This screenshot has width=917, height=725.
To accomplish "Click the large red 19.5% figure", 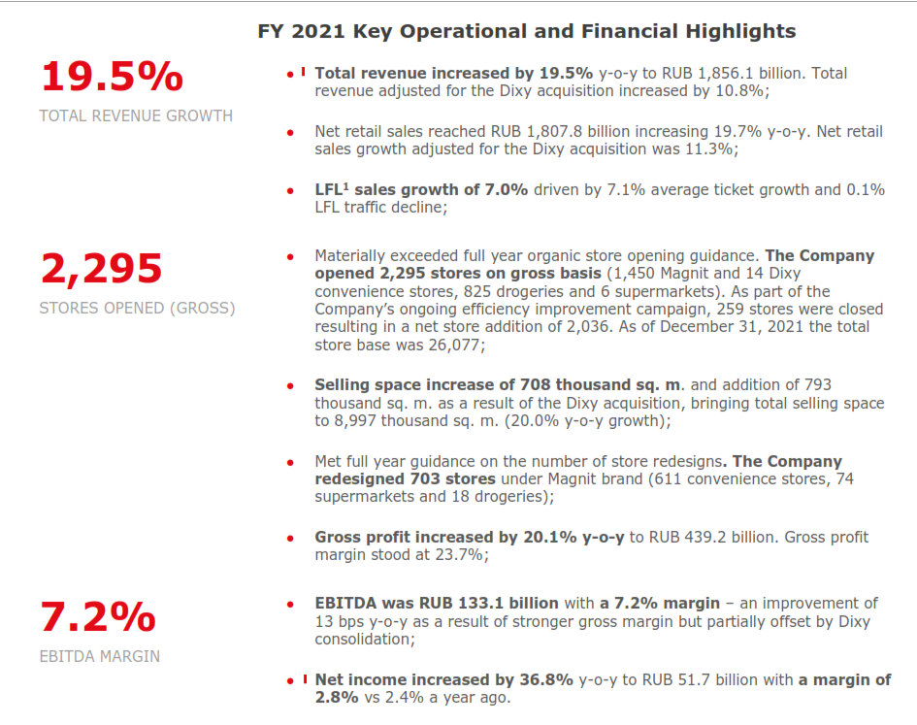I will pos(112,78).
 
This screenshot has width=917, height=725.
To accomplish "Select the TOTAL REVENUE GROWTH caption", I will pos(136,115).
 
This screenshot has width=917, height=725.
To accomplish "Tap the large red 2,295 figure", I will pos(101,270).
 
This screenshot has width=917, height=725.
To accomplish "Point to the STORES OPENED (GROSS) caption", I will pos(137,309).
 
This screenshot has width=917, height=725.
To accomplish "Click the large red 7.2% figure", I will pos(98,617).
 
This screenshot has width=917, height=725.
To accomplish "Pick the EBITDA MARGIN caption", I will pos(100,656).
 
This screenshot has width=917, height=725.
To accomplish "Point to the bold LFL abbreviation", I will pos(330,189).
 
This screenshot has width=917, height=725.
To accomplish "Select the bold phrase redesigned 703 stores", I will pos(405,478).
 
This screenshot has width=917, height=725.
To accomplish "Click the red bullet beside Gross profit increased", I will pos(289,538).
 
